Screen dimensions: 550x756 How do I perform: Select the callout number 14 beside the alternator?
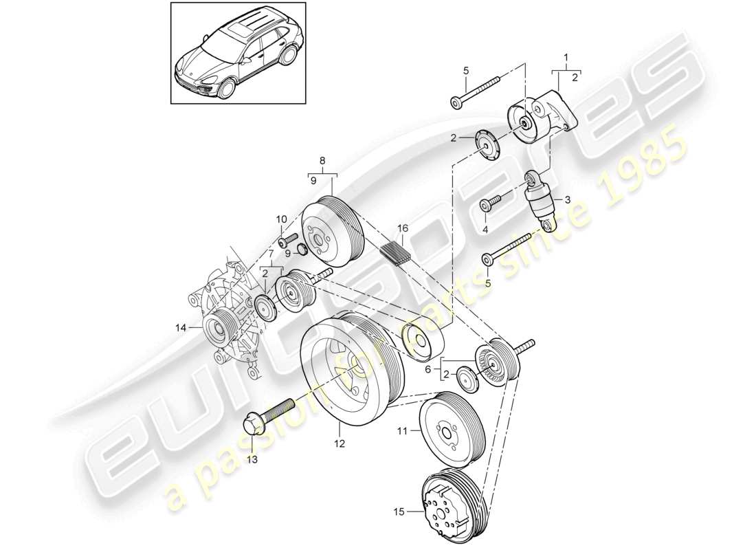pos(181,329)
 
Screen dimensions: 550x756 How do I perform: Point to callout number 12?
pos(338,445)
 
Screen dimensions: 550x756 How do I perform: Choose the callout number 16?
pos(402,228)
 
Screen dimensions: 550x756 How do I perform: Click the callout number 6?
pos(427,368)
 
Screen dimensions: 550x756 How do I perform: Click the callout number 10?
pos(281,219)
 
